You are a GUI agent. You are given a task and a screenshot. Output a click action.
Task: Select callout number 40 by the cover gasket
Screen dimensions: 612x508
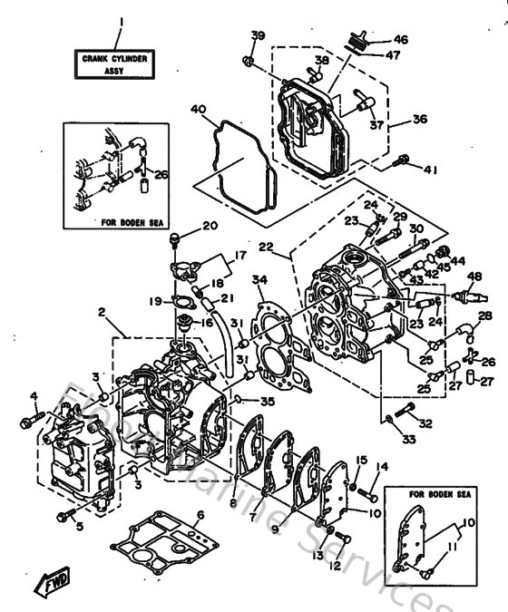coord(198,110)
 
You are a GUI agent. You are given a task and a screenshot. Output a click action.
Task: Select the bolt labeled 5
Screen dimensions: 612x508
coord(63,516)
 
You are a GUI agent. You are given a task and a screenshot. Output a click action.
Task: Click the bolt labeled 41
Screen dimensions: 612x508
coord(404,165)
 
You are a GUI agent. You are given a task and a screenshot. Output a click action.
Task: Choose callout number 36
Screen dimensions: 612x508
coord(420,118)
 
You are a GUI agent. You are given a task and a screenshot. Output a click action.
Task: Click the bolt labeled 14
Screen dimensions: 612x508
coord(369,492)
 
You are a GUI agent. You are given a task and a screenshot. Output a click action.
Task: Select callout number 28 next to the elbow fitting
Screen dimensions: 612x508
coord(485,316)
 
